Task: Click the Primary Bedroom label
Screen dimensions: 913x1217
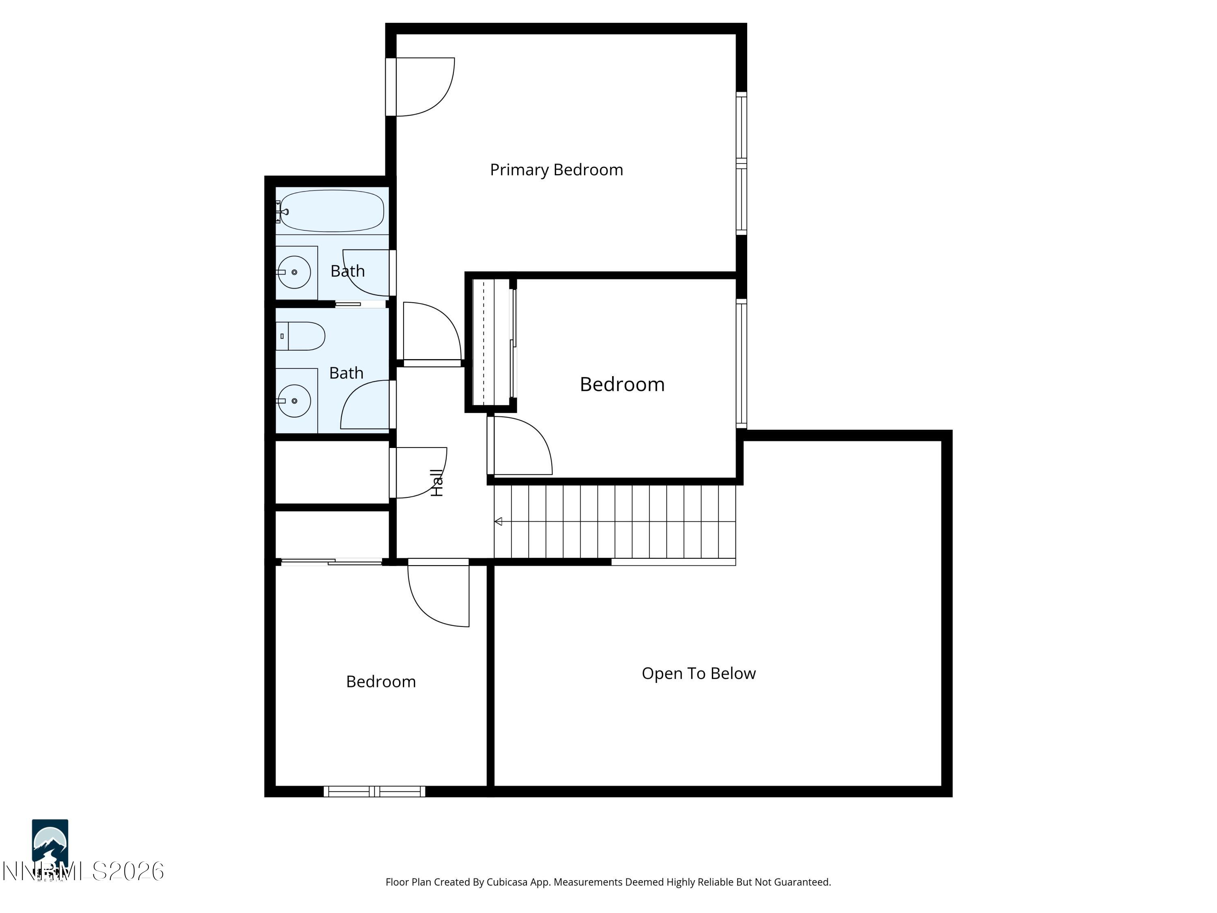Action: coord(556,170)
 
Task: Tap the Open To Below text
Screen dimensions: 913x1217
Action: coord(698,673)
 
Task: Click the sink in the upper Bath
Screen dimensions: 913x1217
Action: coord(295,272)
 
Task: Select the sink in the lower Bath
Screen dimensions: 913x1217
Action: coord(295,401)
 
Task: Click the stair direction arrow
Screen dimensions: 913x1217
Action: coord(499,521)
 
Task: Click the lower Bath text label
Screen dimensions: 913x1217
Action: coord(346,373)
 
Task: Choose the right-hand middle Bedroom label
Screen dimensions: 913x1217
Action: coord(622,384)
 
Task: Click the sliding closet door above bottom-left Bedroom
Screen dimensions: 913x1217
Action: coord(332,562)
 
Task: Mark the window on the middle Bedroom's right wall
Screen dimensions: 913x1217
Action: coord(741,363)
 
